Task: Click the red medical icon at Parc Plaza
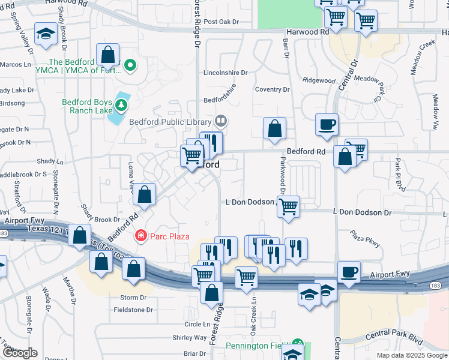pos(141,236)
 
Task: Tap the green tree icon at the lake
pos(122,106)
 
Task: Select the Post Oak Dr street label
pos(221,22)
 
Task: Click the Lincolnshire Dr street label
pos(226,73)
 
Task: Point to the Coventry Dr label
pos(272,89)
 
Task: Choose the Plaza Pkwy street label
pos(366,239)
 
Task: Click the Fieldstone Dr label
pos(133,310)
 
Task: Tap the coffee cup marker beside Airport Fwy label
pos(349,271)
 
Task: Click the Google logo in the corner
pos(20,353)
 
